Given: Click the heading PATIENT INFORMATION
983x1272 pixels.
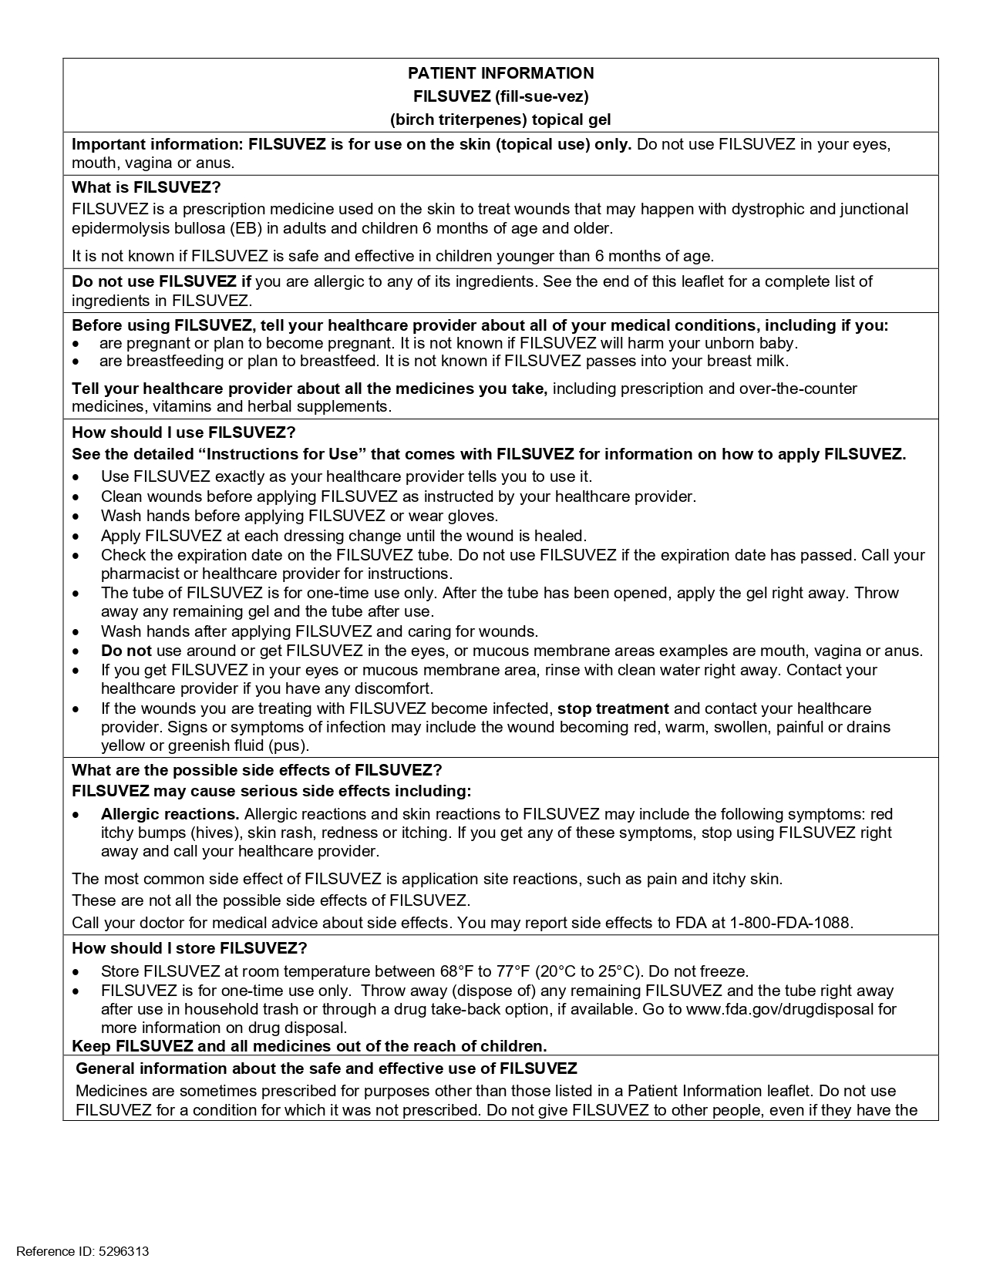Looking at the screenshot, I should coord(500,73).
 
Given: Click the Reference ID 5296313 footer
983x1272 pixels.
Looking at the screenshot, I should coord(82,1251).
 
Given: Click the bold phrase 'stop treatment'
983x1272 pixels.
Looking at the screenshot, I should coord(613,708).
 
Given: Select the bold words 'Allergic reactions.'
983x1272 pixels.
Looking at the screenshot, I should coord(170,814).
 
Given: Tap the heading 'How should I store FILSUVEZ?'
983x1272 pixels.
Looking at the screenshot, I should coord(189,948).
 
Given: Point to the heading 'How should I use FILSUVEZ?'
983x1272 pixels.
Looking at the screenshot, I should coord(183,432).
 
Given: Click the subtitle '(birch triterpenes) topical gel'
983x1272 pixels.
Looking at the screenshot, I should coord(500,119).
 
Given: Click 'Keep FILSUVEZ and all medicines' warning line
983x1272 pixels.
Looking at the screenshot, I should coord(309,1046).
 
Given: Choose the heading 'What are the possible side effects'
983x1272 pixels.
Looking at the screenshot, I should coord(257,770).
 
